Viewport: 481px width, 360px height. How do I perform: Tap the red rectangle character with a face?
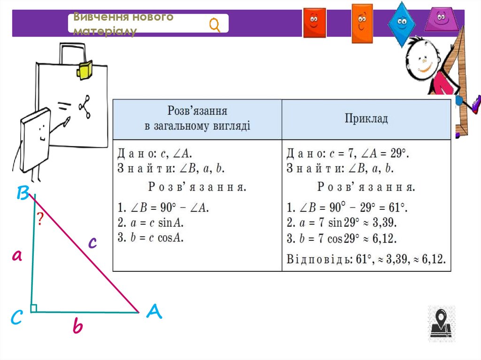coord(314,22)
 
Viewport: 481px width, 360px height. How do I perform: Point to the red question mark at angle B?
coord(40,218)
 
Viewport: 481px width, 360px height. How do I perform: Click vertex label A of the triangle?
coord(154,312)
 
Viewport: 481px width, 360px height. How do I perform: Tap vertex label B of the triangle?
coord(23,193)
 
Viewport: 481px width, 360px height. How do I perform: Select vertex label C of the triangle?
coord(16,318)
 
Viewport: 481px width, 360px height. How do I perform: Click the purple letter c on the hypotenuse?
coord(93,242)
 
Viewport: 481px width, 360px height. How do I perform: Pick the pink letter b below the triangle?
coord(78,326)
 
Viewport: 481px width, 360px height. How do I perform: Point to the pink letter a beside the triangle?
coord(17,256)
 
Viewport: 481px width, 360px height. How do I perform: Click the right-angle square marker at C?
coord(34,308)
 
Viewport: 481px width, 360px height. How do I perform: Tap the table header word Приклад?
coord(366,118)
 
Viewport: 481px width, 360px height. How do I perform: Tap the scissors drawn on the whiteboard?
coord(85,107)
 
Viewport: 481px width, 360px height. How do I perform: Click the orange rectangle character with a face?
coord(362,22)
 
